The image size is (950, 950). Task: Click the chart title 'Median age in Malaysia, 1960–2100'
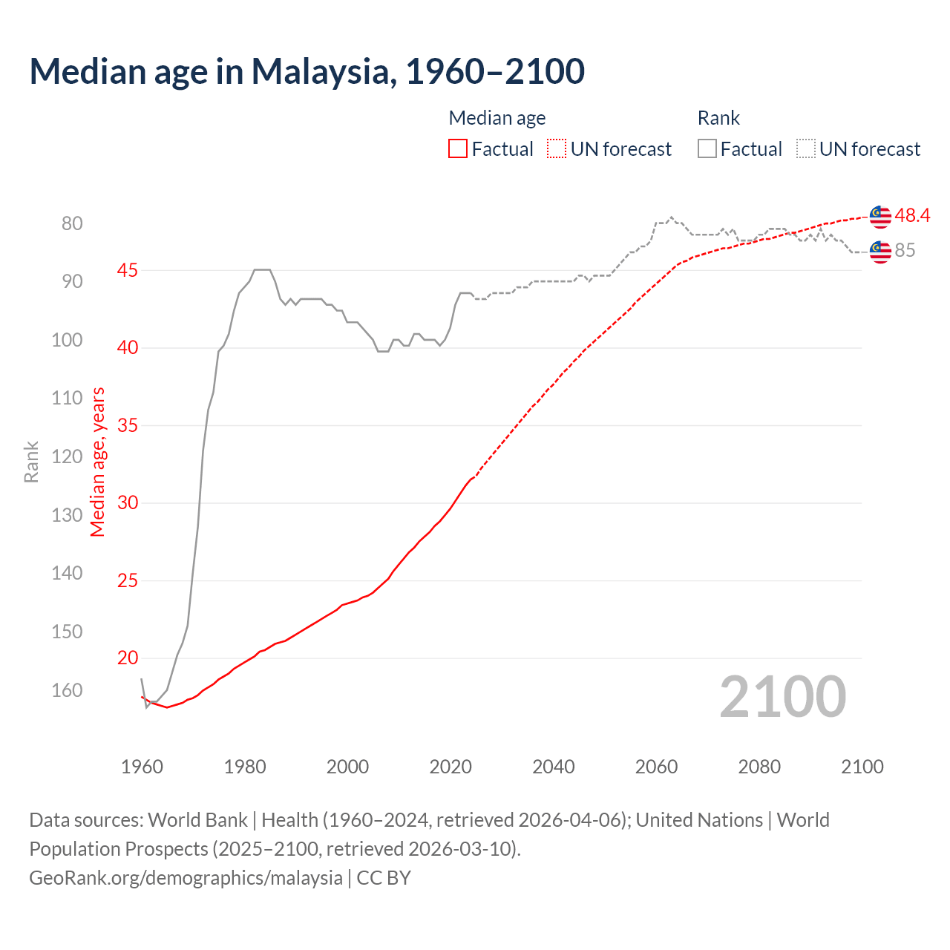tap(307, 71)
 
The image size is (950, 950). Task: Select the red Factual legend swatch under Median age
tap(458, 149)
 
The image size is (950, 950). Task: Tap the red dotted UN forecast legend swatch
tap(557, 149)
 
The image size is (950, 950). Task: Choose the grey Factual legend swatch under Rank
tap(707, 149)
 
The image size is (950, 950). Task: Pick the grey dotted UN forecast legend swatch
tap(806, 149)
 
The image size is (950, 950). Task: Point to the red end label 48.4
tap(912, 215)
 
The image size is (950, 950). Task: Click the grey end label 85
tap(905, 251)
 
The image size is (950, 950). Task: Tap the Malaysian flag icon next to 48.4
tap(880, 216)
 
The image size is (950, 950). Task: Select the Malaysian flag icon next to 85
tap(880, 252)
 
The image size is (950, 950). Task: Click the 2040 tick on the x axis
tap(553, 767)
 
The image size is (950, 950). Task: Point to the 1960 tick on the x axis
tap(142, 767)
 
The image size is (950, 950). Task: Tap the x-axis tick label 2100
tap(862, 767)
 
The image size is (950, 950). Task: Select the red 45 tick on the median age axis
tap(128, 270)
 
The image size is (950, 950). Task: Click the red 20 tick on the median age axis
tap(128, 658)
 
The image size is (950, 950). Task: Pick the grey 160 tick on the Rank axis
tap(67, 690)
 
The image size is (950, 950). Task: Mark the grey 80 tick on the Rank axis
tap(72, 223)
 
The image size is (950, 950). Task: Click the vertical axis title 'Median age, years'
tap(98, 462)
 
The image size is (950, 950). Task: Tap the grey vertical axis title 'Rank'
tap(31, 462)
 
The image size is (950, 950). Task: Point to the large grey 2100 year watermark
tap(782, 696)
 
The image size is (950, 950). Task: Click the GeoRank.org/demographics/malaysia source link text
tap(186, 878)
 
